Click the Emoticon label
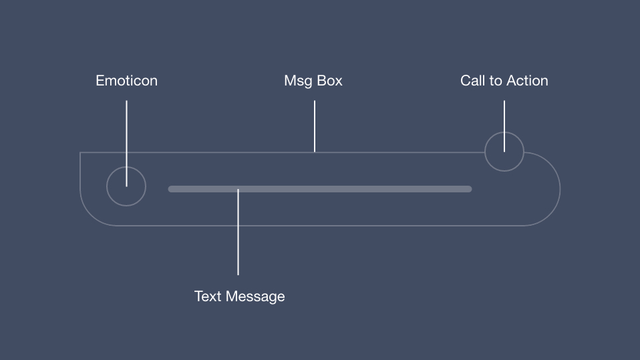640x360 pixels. [126, 81]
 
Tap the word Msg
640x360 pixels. [297, 81]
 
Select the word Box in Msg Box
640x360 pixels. [329, 81]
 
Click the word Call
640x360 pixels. [472, 81]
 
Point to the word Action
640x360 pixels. [526, 81]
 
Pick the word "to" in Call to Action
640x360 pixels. [495, 81]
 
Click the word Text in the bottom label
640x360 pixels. [208, 296]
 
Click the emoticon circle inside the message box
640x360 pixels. [126, 186]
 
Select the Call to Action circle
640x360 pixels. [504, 152]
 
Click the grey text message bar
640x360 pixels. [320, 189]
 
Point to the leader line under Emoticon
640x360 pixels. [126, 134]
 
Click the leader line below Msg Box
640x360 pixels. [315, 126]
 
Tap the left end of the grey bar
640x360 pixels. [171, 189]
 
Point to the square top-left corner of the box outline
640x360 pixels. [81, 153]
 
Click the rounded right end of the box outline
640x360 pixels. [559, 189]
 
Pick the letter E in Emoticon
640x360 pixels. [100, 81]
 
